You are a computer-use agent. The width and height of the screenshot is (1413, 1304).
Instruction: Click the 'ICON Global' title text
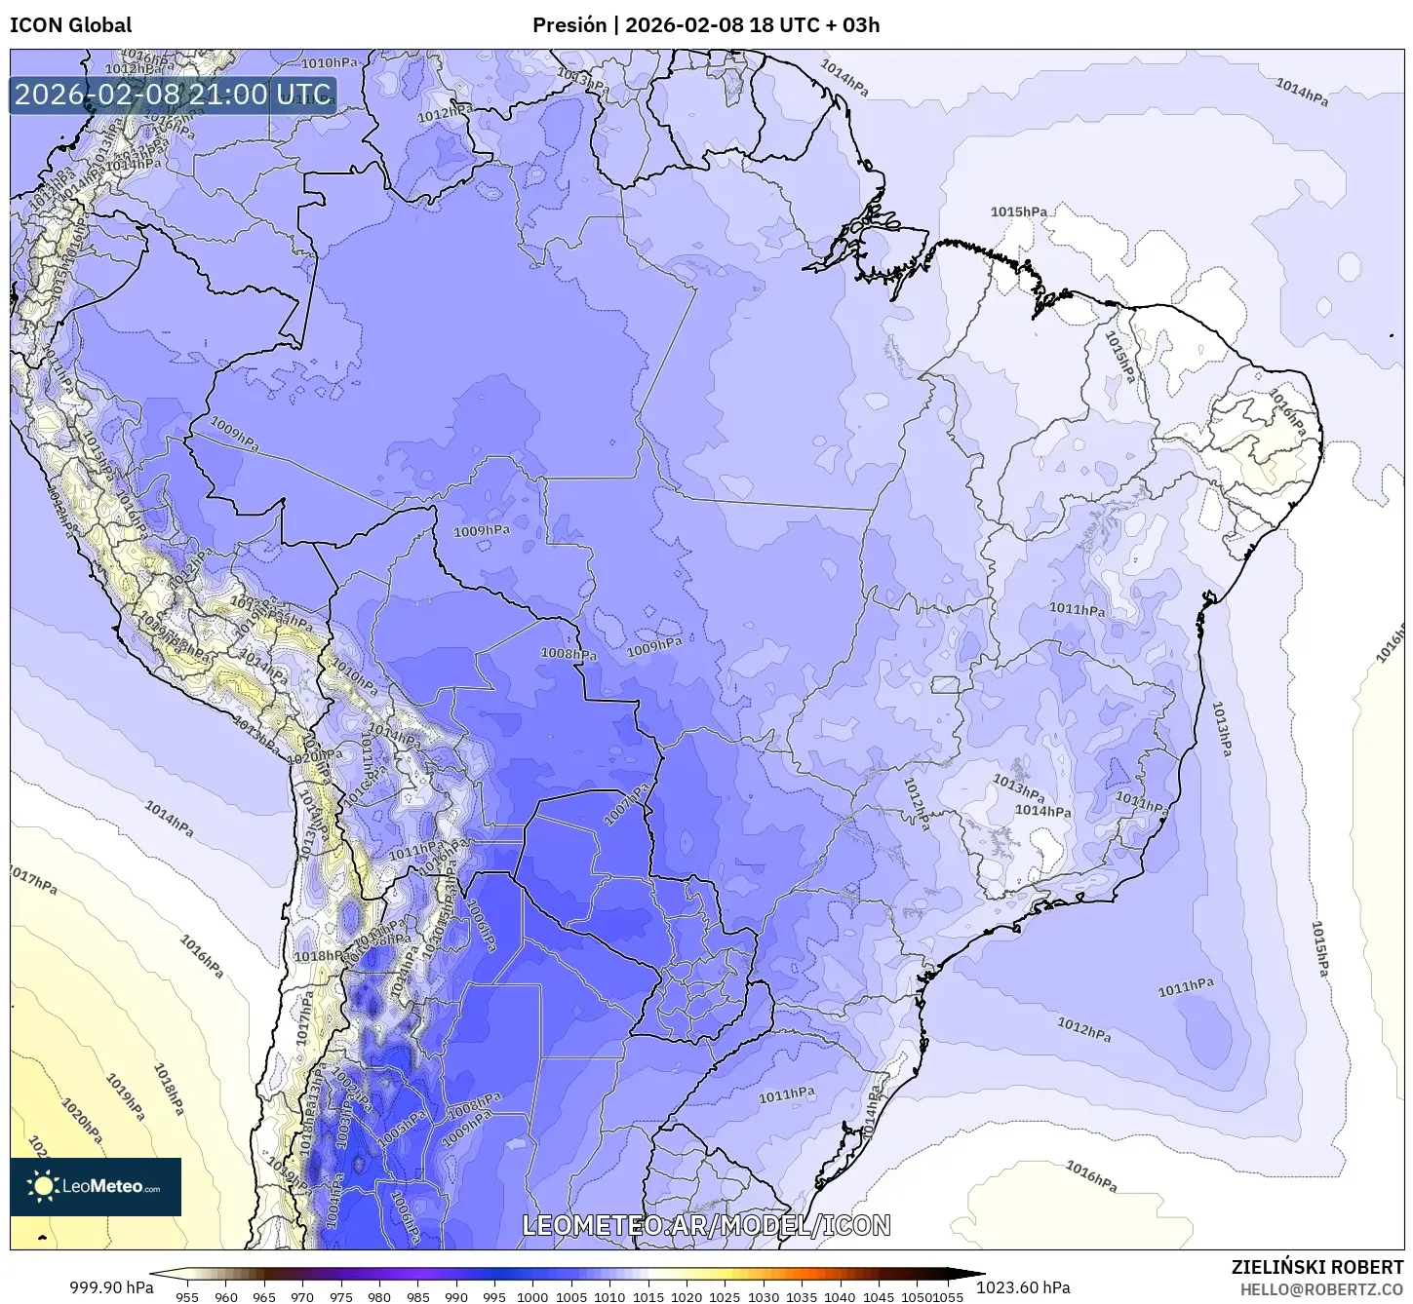(x=70, y=25)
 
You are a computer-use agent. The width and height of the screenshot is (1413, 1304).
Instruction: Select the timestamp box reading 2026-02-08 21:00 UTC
(x=173, y=95)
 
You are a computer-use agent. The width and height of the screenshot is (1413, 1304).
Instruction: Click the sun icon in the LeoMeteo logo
(x=43, y=1186)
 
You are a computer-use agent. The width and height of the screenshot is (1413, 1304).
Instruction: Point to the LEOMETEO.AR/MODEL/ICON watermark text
(x=706, y=1225)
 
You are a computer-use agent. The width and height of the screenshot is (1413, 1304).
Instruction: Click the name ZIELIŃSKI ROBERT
(x=1316, y=1268)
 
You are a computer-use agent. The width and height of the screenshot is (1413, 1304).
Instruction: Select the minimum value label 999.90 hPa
(x=110, y=1287)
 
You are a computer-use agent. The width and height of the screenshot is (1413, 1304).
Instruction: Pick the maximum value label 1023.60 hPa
(x=1030, y=1287)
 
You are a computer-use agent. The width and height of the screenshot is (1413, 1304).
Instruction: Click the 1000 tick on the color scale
(x=532, y=1296)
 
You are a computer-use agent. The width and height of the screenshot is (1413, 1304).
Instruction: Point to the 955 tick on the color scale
(x=187, y=1296)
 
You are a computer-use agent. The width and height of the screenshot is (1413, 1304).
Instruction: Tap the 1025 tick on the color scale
(x=725, y=1296)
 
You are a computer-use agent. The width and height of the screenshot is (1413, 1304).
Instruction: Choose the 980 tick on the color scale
(x=379, y=1296)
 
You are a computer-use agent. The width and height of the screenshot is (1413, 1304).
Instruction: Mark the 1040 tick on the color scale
(x=840, y=1296)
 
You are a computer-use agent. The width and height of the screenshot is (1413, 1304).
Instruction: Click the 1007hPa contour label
(x=626, y=804)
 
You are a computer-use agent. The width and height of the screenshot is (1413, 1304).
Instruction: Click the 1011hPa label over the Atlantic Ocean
(x=1186, y=987)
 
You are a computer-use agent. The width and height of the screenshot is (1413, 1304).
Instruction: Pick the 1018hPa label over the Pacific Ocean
(x=168, y=1089)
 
